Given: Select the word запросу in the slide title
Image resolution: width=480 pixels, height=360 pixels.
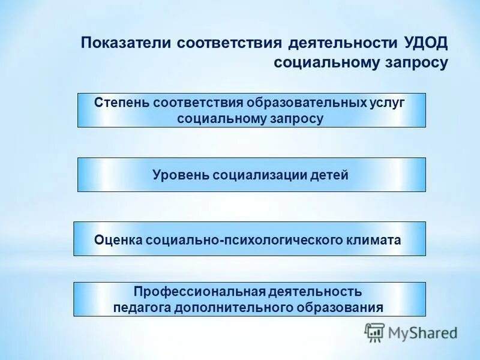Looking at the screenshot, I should pyautogui.click(x=416, y=63).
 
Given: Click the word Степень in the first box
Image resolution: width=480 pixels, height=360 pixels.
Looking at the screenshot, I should pyautogui.click(x=121, y=102).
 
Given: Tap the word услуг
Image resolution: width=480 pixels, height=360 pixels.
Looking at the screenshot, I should pyautogui.click(x=386, y=102).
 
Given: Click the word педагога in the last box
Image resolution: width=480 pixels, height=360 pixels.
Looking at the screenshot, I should pyautogui.click(x=142, y=307).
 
